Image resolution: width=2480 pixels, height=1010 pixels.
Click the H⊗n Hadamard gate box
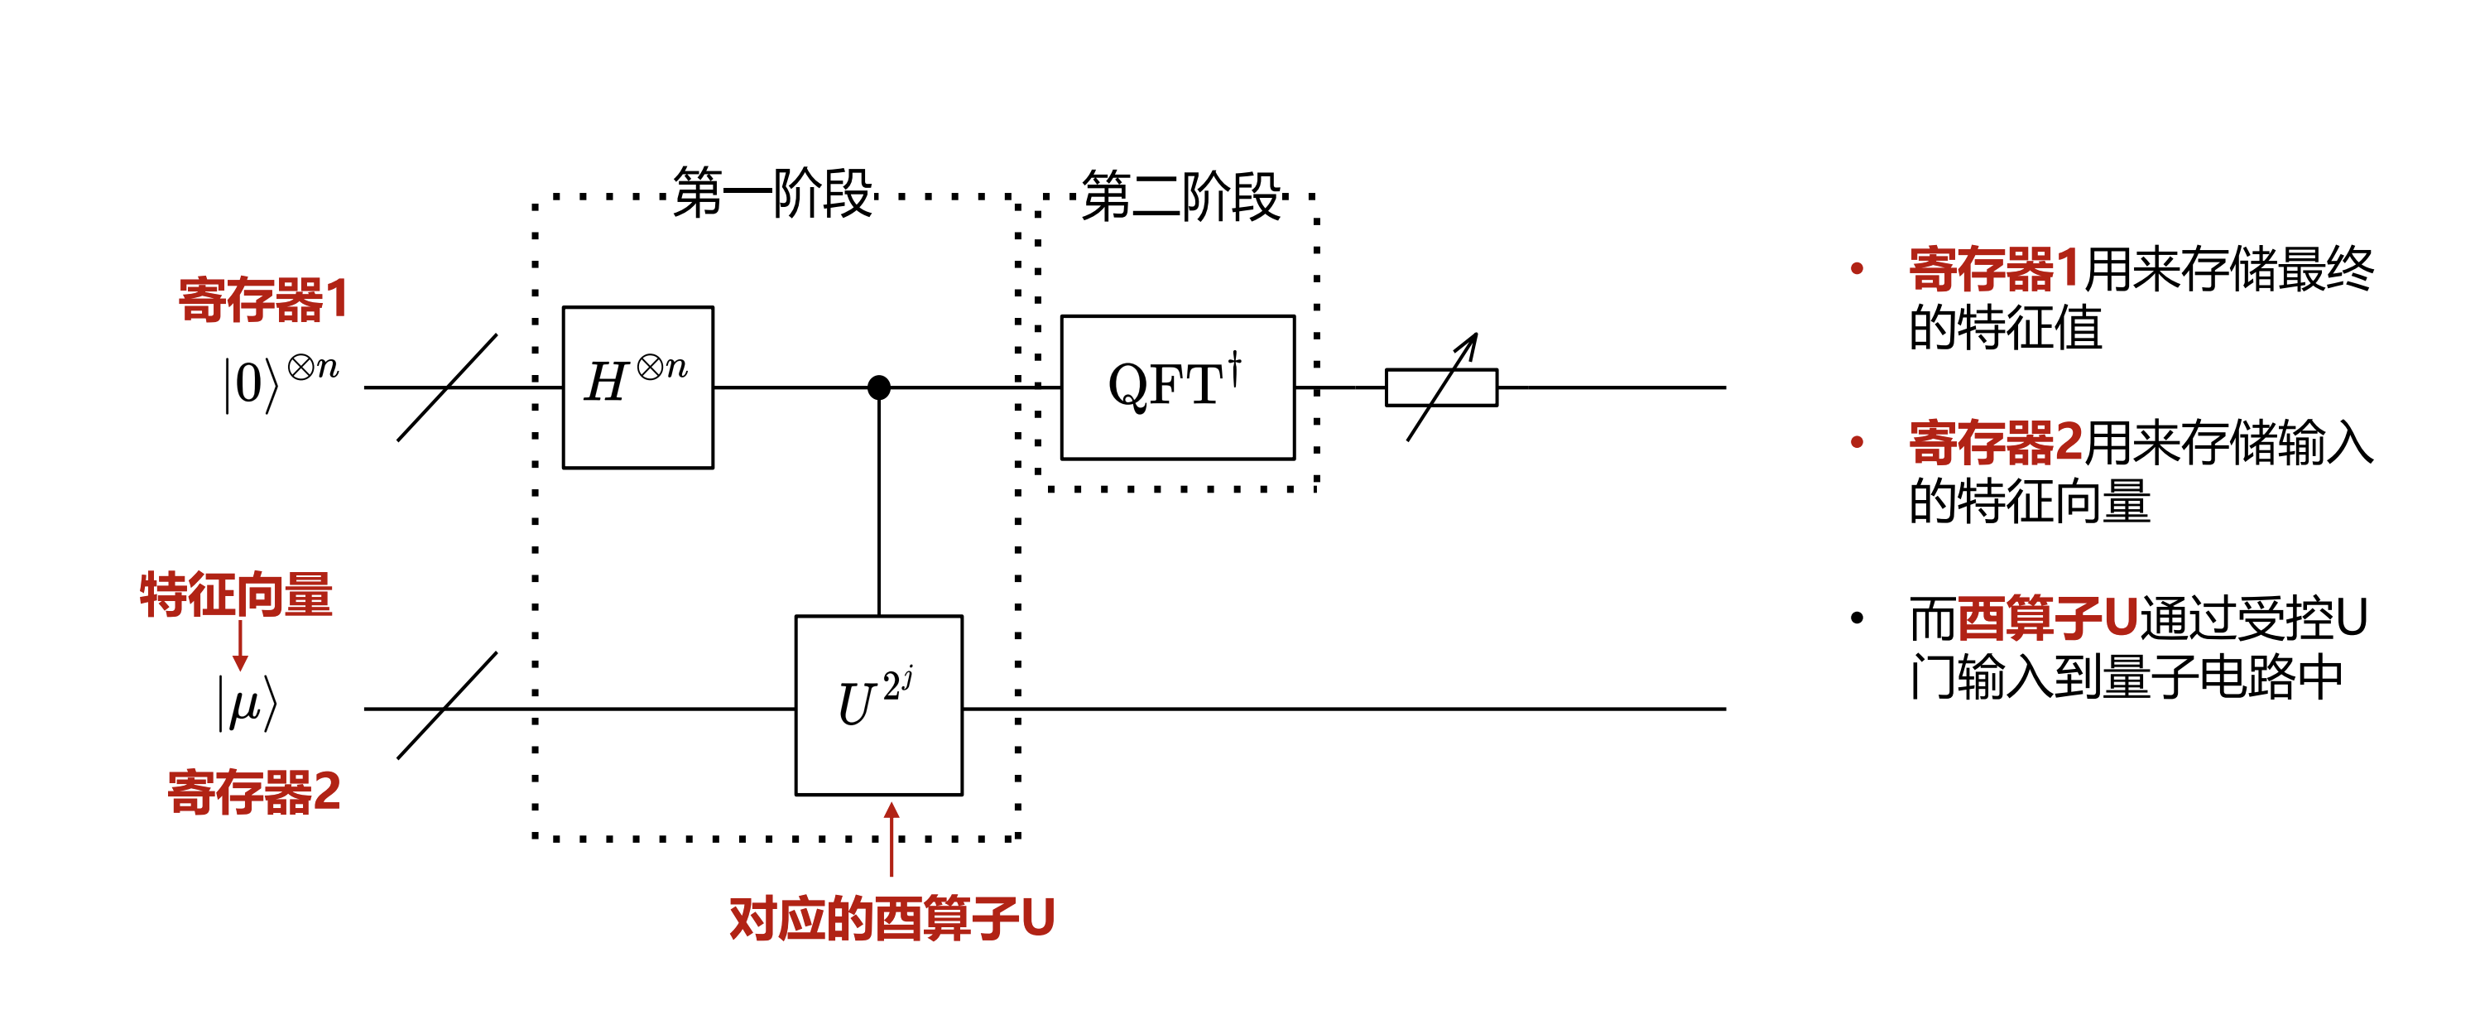click(637, 387)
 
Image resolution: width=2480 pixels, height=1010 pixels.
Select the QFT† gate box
click(1176, 387)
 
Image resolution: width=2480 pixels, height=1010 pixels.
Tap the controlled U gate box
click(878, 705)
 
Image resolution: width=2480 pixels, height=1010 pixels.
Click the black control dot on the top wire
click(878, 387)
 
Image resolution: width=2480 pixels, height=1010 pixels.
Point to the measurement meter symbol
click(1441, 387)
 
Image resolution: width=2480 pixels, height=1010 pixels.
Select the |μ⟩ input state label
click(247, 703)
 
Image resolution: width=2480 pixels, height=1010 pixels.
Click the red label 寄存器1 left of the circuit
click(262, 300)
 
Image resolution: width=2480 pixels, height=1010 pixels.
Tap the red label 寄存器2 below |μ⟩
click(254, 792)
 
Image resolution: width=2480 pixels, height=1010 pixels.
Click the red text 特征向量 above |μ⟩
click(236, 594)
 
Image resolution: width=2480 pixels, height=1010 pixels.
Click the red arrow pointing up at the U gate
click(892, 838)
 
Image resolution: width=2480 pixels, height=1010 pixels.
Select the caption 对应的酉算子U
click(892, 917)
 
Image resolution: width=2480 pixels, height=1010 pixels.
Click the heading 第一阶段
click(773, 194)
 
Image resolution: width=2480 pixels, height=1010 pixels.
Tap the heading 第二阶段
click(1180, 196)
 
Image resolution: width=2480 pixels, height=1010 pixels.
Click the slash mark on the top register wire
click(447, 387)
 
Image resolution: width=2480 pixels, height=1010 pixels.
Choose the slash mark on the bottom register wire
click(447, 705)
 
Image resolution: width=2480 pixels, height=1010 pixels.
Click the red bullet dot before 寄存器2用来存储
click(1858, 442)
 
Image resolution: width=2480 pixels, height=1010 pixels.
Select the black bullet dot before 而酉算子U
click(1858, 617)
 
